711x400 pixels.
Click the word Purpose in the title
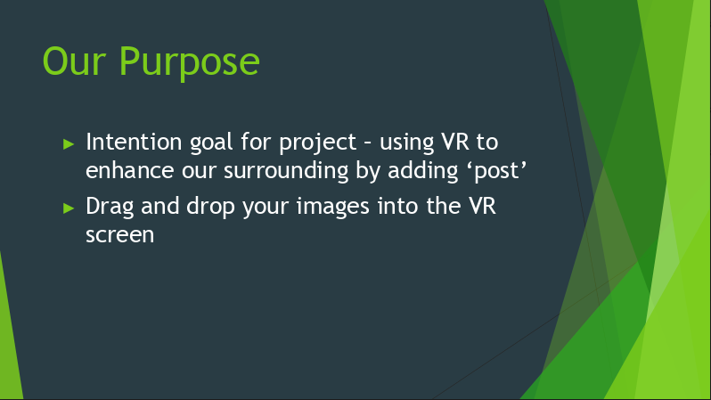point(190,63)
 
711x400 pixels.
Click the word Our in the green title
point(74,61)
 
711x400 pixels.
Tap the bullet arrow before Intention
point(69,144)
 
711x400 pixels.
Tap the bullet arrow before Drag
point(69,208)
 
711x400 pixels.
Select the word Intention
point(135,142)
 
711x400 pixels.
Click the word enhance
point(130,170)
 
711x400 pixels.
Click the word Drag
point(110,208)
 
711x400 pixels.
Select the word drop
point(210,208)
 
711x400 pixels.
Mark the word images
point(333,208)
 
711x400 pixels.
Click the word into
point(398,206)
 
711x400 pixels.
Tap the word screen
point(120,235)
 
